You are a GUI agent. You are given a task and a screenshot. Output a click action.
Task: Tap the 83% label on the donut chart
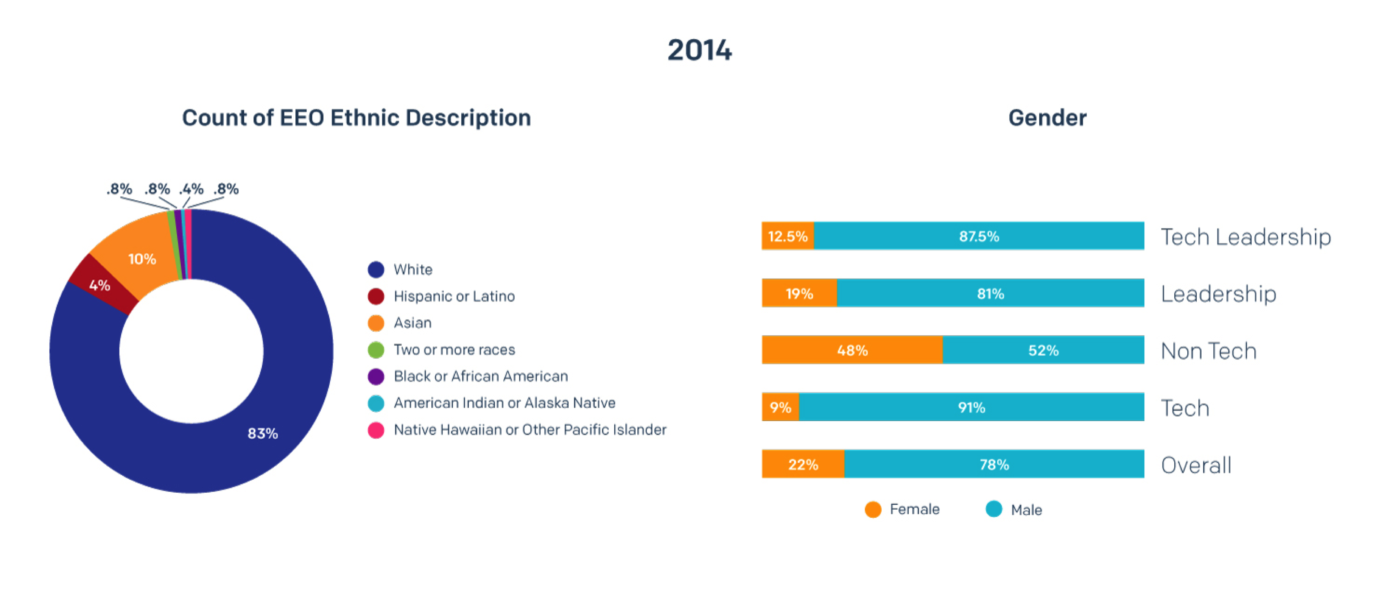point(263,433)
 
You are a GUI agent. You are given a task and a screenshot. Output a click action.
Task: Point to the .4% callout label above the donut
point(191,189)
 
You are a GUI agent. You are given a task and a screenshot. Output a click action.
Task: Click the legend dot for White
point(375,269)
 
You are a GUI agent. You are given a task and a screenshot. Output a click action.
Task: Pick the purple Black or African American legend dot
point(375,376)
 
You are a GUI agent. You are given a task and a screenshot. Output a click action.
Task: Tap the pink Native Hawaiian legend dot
point(375,430)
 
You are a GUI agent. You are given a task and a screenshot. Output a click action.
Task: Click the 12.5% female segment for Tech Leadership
point(787,236)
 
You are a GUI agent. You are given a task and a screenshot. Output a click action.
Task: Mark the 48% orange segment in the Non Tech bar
point(852,350)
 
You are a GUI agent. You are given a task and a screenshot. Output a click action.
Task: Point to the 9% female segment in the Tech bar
point(780,407)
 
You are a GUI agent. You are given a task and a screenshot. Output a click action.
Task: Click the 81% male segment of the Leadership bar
point(990,293)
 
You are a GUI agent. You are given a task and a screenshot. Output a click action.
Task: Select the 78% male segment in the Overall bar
point(994,464)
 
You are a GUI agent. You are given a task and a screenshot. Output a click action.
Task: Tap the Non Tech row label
point(1209,351)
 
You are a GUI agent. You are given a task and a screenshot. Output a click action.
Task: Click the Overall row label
point(1196,465)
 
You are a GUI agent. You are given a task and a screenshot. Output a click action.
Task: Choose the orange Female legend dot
point(873,509)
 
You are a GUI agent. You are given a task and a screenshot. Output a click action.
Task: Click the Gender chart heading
point(1047,118)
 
